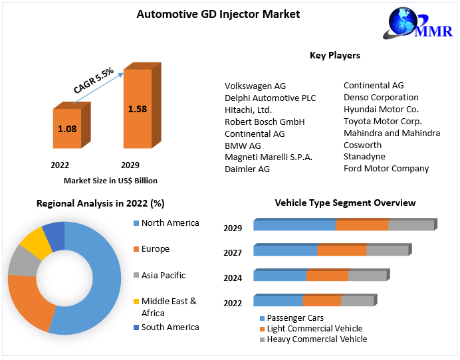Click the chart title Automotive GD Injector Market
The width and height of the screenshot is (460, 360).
pos(218,13)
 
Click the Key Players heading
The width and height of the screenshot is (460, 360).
pos(335,55)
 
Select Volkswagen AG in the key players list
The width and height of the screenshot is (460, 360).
pos(255,86)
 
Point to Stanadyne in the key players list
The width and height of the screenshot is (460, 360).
pos(364,157)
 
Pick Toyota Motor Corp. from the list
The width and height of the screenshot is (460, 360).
pos(382,121)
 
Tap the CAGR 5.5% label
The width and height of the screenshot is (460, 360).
pos(94,79)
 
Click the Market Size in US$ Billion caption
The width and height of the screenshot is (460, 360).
pos(110,180)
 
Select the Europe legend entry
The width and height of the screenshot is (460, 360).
pos(155,249)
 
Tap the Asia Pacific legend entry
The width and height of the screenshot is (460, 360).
pos(164,275)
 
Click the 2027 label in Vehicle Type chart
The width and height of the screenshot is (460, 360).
pos(233,252)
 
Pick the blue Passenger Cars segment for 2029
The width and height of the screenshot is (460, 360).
pos(294,225)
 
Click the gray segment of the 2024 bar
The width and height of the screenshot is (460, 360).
pos(367,276)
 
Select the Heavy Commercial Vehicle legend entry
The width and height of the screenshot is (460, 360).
pos(312,339)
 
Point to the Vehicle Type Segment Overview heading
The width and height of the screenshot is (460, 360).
pos(345,203)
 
